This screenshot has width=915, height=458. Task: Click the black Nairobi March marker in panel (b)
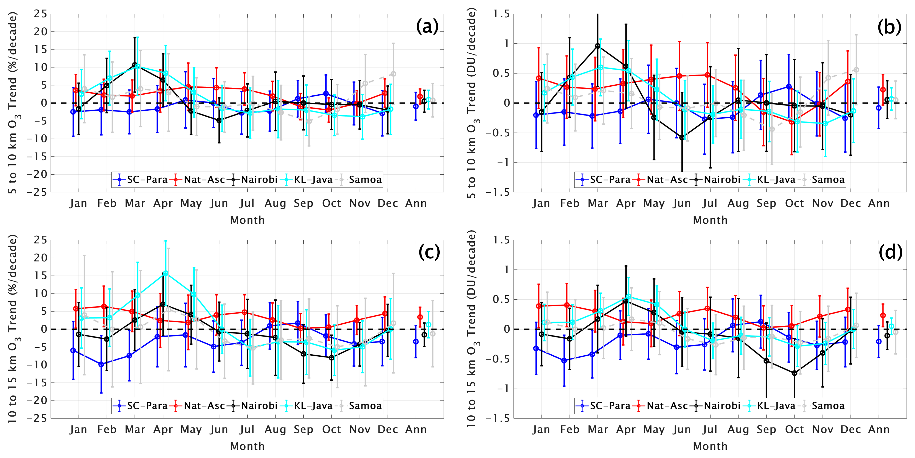click(597, 46)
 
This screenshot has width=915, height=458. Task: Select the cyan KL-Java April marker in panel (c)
click(165, 273)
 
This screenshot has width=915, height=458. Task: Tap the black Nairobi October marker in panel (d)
click(794, 373)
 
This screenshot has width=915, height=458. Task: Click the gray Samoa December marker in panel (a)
click(393, 74)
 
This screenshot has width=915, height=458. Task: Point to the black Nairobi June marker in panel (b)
click(682, 138)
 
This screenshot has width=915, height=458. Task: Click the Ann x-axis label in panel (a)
click(416, 203)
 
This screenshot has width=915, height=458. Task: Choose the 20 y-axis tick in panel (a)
click(40, 31)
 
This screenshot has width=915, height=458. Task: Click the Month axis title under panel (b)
click(710, 220)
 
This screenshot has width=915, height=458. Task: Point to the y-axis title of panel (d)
click(471, 328)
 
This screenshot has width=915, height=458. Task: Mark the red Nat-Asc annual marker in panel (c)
click(420, 317)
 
